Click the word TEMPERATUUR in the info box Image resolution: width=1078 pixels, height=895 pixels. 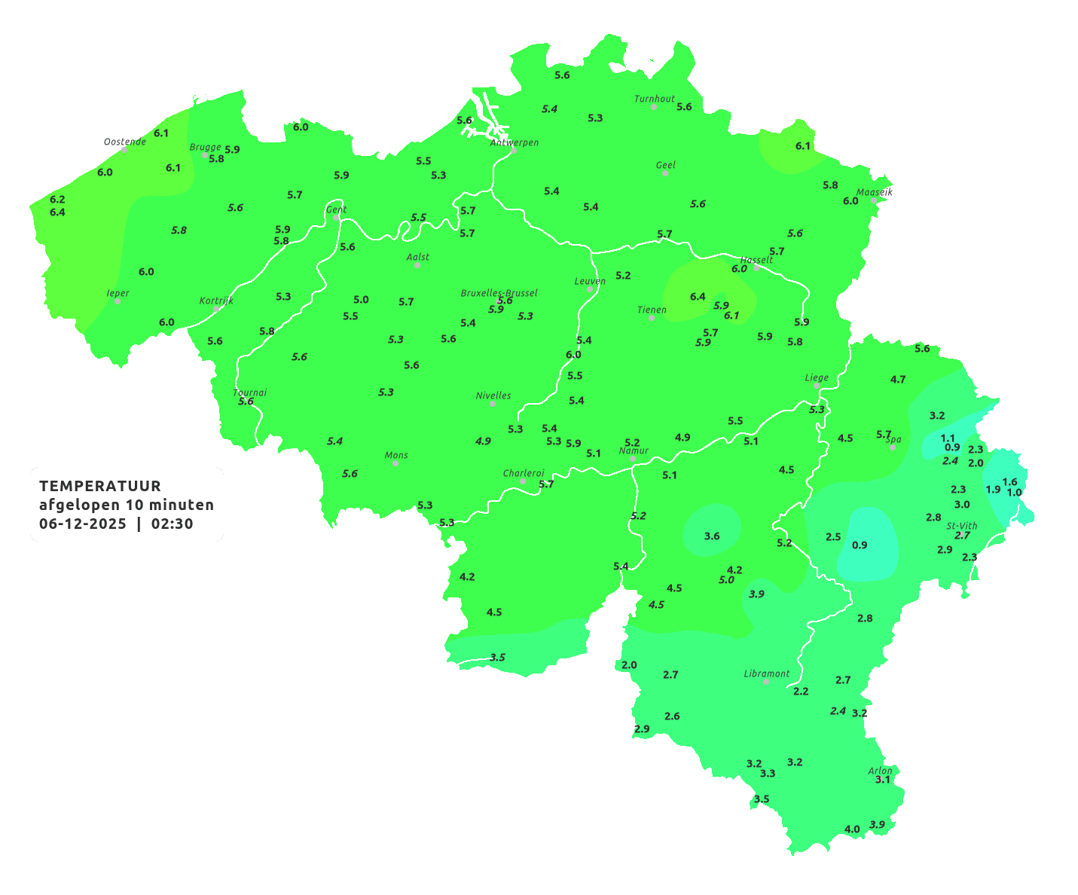point(100,486)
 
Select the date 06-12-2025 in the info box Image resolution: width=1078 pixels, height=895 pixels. point(83,524)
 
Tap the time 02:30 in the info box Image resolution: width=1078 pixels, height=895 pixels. point(173,524)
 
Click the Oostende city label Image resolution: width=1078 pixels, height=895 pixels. point(124,142)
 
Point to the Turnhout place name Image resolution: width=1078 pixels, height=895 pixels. point(655,99)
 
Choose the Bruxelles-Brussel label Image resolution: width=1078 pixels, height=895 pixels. point(499,292)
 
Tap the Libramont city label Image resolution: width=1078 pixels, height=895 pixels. point(767,674)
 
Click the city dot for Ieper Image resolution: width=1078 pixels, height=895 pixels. point(118,301)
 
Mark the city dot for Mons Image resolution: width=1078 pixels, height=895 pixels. point(395,463)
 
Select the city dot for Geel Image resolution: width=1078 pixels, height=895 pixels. point(665,173)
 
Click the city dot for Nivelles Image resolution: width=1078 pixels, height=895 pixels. point(493,404)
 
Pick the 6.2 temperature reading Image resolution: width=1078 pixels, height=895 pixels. point(57,200)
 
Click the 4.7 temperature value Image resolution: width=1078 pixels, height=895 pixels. point(898,380)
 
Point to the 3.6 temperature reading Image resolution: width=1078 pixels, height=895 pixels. point(712,536)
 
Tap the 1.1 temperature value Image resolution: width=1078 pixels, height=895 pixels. point(948,438)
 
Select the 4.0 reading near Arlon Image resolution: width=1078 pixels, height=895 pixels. point(852,829)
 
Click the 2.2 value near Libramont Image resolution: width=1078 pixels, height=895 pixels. point(801,691)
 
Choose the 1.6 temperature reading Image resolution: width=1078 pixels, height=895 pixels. point(1009,482)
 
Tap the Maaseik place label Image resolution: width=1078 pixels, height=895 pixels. point(875,192)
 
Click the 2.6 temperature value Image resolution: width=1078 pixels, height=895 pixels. point(672,716)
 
